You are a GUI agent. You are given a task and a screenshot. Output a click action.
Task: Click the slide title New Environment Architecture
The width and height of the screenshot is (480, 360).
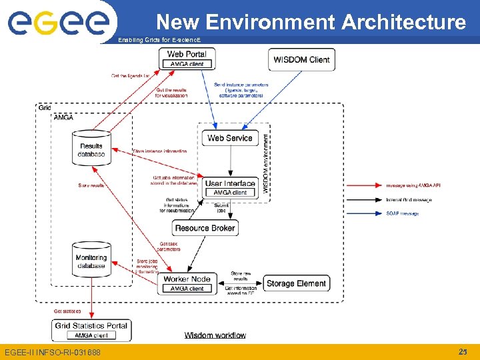point(311,22)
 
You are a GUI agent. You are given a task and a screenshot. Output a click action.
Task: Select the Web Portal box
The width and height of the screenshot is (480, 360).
point(187,59)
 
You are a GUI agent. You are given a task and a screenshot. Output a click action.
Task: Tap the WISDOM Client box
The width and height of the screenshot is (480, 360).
point(301,59)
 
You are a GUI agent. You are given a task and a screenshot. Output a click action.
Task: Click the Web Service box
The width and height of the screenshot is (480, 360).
point(229,138)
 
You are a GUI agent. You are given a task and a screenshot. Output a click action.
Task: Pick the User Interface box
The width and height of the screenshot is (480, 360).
point(230,187)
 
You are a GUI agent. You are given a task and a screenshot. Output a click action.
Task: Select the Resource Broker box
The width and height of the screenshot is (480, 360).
point(205,228)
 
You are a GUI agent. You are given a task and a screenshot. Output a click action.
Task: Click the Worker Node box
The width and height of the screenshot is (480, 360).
point(187,283)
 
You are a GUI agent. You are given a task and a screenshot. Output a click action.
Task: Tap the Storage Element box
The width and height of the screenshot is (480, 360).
point(296,283)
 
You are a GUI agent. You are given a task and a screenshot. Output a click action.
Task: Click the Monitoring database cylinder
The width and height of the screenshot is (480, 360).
point(91,260)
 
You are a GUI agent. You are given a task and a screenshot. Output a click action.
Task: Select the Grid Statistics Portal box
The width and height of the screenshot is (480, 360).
point(91,330)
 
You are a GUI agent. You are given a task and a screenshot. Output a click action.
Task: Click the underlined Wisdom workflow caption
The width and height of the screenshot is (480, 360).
point(215,335)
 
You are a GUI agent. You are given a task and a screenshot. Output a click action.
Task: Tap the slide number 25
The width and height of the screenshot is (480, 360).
point(463,351)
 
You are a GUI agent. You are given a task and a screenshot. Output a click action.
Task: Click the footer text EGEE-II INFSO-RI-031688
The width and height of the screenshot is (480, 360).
point(53,352)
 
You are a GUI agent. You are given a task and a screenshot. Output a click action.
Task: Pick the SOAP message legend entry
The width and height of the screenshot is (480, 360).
point(403,213)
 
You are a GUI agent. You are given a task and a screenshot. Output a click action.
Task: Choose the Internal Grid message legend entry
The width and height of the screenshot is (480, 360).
point(409,199)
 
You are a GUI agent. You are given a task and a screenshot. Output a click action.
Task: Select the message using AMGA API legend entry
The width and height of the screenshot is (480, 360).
point(413,185)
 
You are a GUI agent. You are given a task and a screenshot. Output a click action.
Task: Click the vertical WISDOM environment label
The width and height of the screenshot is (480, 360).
point(265,164)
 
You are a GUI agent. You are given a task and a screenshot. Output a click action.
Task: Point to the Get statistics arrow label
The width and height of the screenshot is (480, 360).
point(67,311)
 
